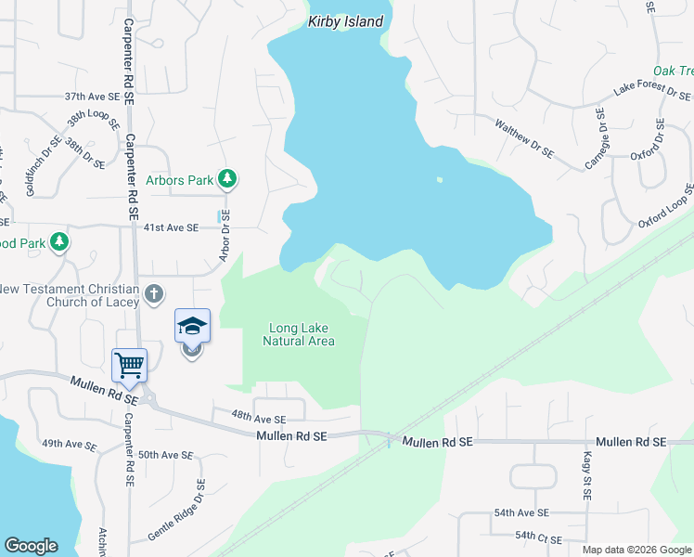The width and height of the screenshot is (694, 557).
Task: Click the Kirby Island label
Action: (346, 21)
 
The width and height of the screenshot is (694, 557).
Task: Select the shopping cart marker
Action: (129, 364)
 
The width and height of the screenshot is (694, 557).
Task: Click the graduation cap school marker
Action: (192, 326)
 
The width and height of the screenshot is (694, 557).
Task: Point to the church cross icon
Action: (154, 294)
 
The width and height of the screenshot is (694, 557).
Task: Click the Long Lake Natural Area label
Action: (299, 334)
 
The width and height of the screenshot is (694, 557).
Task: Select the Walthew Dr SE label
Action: (524, 138)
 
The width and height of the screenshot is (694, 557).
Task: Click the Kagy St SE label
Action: (586, 476)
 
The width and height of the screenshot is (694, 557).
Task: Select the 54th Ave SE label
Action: (521, 512)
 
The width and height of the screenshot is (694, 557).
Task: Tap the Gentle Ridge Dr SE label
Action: (175, 510)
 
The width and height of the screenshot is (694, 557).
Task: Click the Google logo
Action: (31, 546)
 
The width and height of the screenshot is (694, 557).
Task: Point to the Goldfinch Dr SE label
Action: (43, 166)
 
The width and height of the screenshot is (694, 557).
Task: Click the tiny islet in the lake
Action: (439, 180)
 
